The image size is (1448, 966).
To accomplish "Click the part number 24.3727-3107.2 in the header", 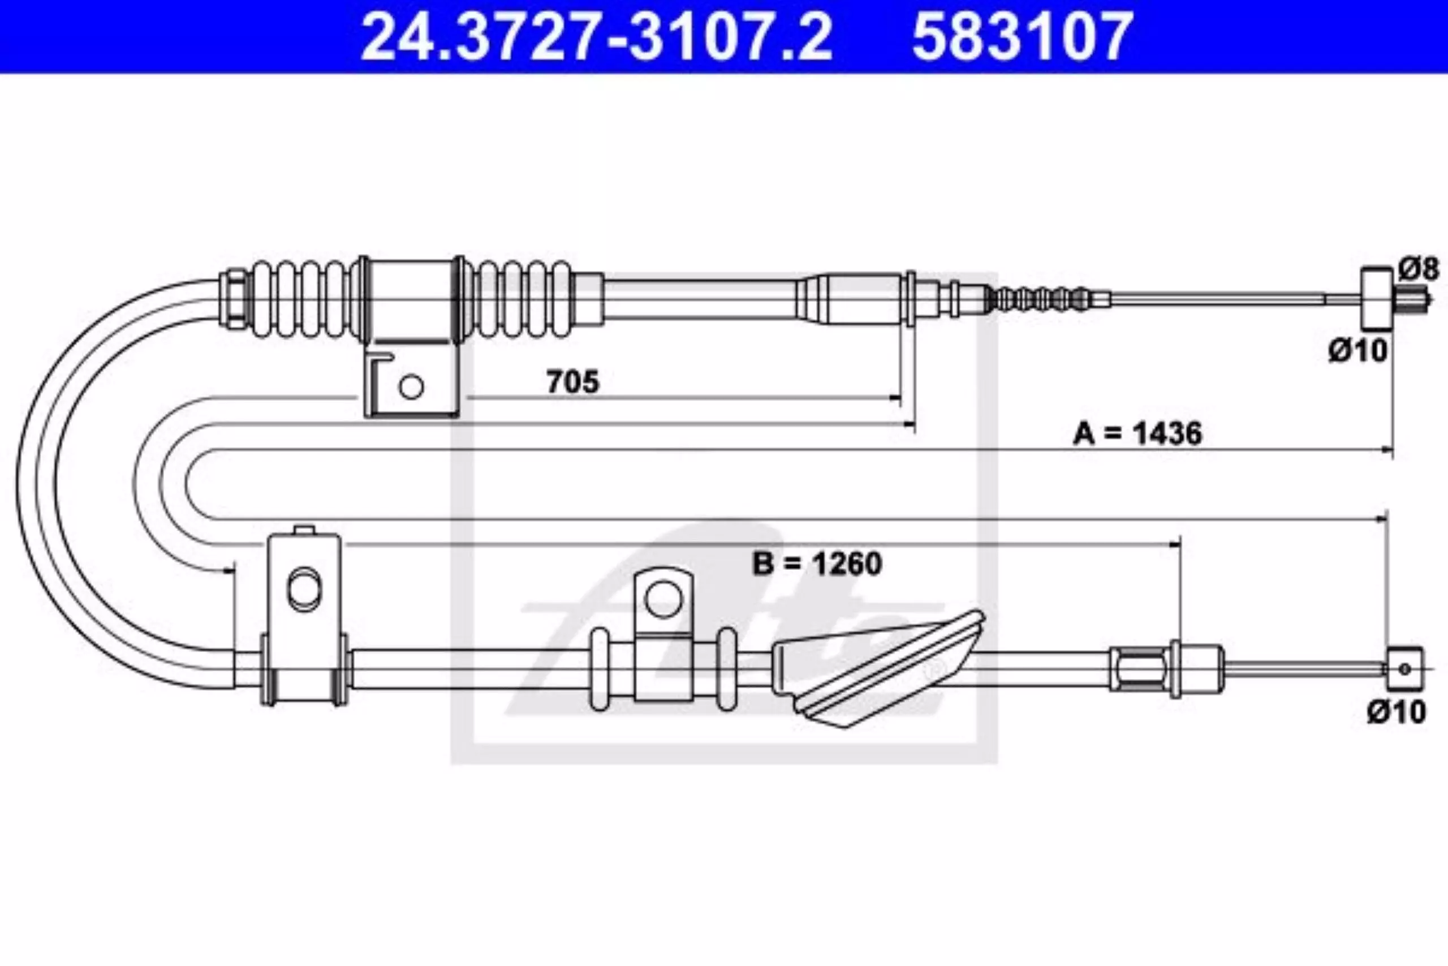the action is [596, 37].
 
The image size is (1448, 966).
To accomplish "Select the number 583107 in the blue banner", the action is [1022, 37].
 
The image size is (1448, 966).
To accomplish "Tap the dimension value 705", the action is [572, 382].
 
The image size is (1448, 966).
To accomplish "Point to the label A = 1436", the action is [1137, 433].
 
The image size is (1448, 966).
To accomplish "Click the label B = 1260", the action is [817, 563].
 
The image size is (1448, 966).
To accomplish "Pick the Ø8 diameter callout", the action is [1418, 269].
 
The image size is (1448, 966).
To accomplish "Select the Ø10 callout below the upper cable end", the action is [1357, 350].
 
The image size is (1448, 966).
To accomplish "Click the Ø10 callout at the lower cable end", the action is [1397, 711].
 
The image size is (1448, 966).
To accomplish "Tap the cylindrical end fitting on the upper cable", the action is [1376, 299].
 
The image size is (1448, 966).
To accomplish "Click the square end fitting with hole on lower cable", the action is [1404, 668].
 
